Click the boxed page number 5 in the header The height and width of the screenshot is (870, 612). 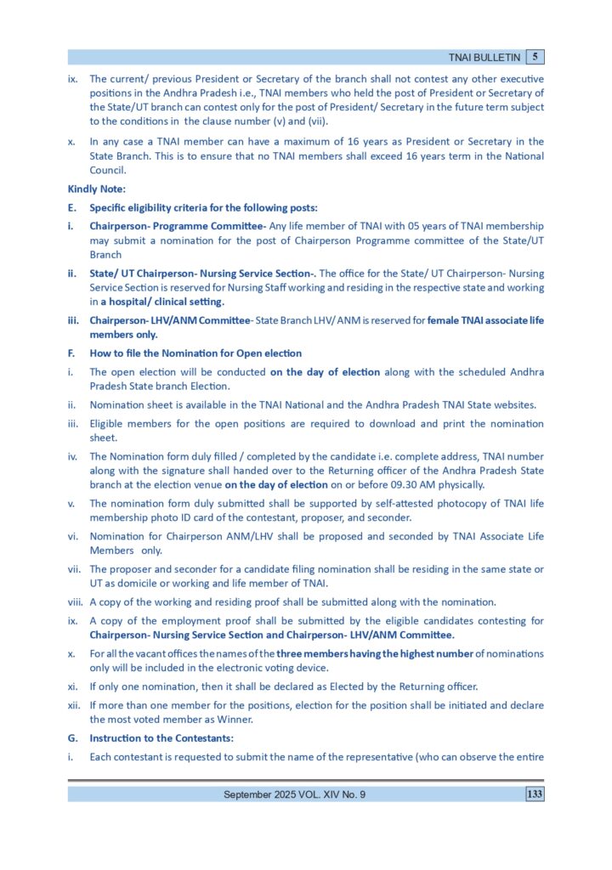click(535, 57)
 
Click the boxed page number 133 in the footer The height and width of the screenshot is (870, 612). click(535, 794)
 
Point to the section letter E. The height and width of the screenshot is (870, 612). click(71, 208)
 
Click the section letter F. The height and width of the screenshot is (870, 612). click(71, 353)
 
